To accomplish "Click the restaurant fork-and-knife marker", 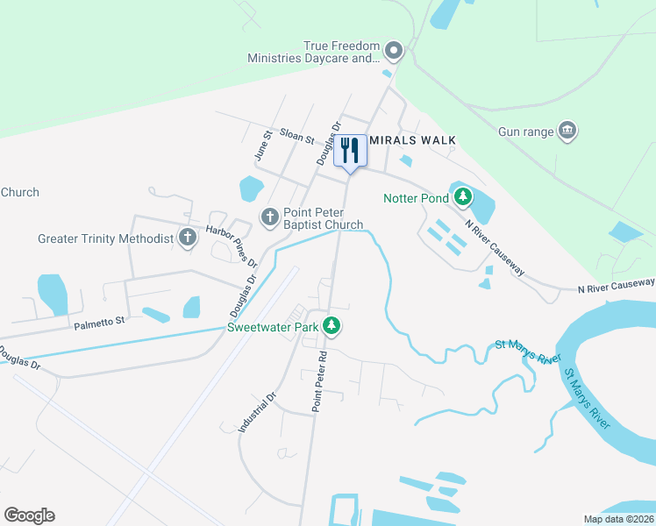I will [x=350, y=151].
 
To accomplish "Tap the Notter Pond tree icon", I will [x=462, y=197].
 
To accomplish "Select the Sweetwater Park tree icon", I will [x=331, y=327].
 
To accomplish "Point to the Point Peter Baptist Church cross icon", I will [x=269, y=216].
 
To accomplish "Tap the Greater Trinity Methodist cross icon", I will [x=187, y=238].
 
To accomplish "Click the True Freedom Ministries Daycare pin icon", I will [x=394, y=52].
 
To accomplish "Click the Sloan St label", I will [x=296, y=136].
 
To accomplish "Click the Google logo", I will [x=29, y=515].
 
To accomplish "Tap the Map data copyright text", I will [x=619, y=519].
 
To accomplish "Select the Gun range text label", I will [x=526, y=131].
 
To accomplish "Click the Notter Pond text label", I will [x=415, y=198].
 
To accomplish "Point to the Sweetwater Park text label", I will [x=272, y=327].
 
